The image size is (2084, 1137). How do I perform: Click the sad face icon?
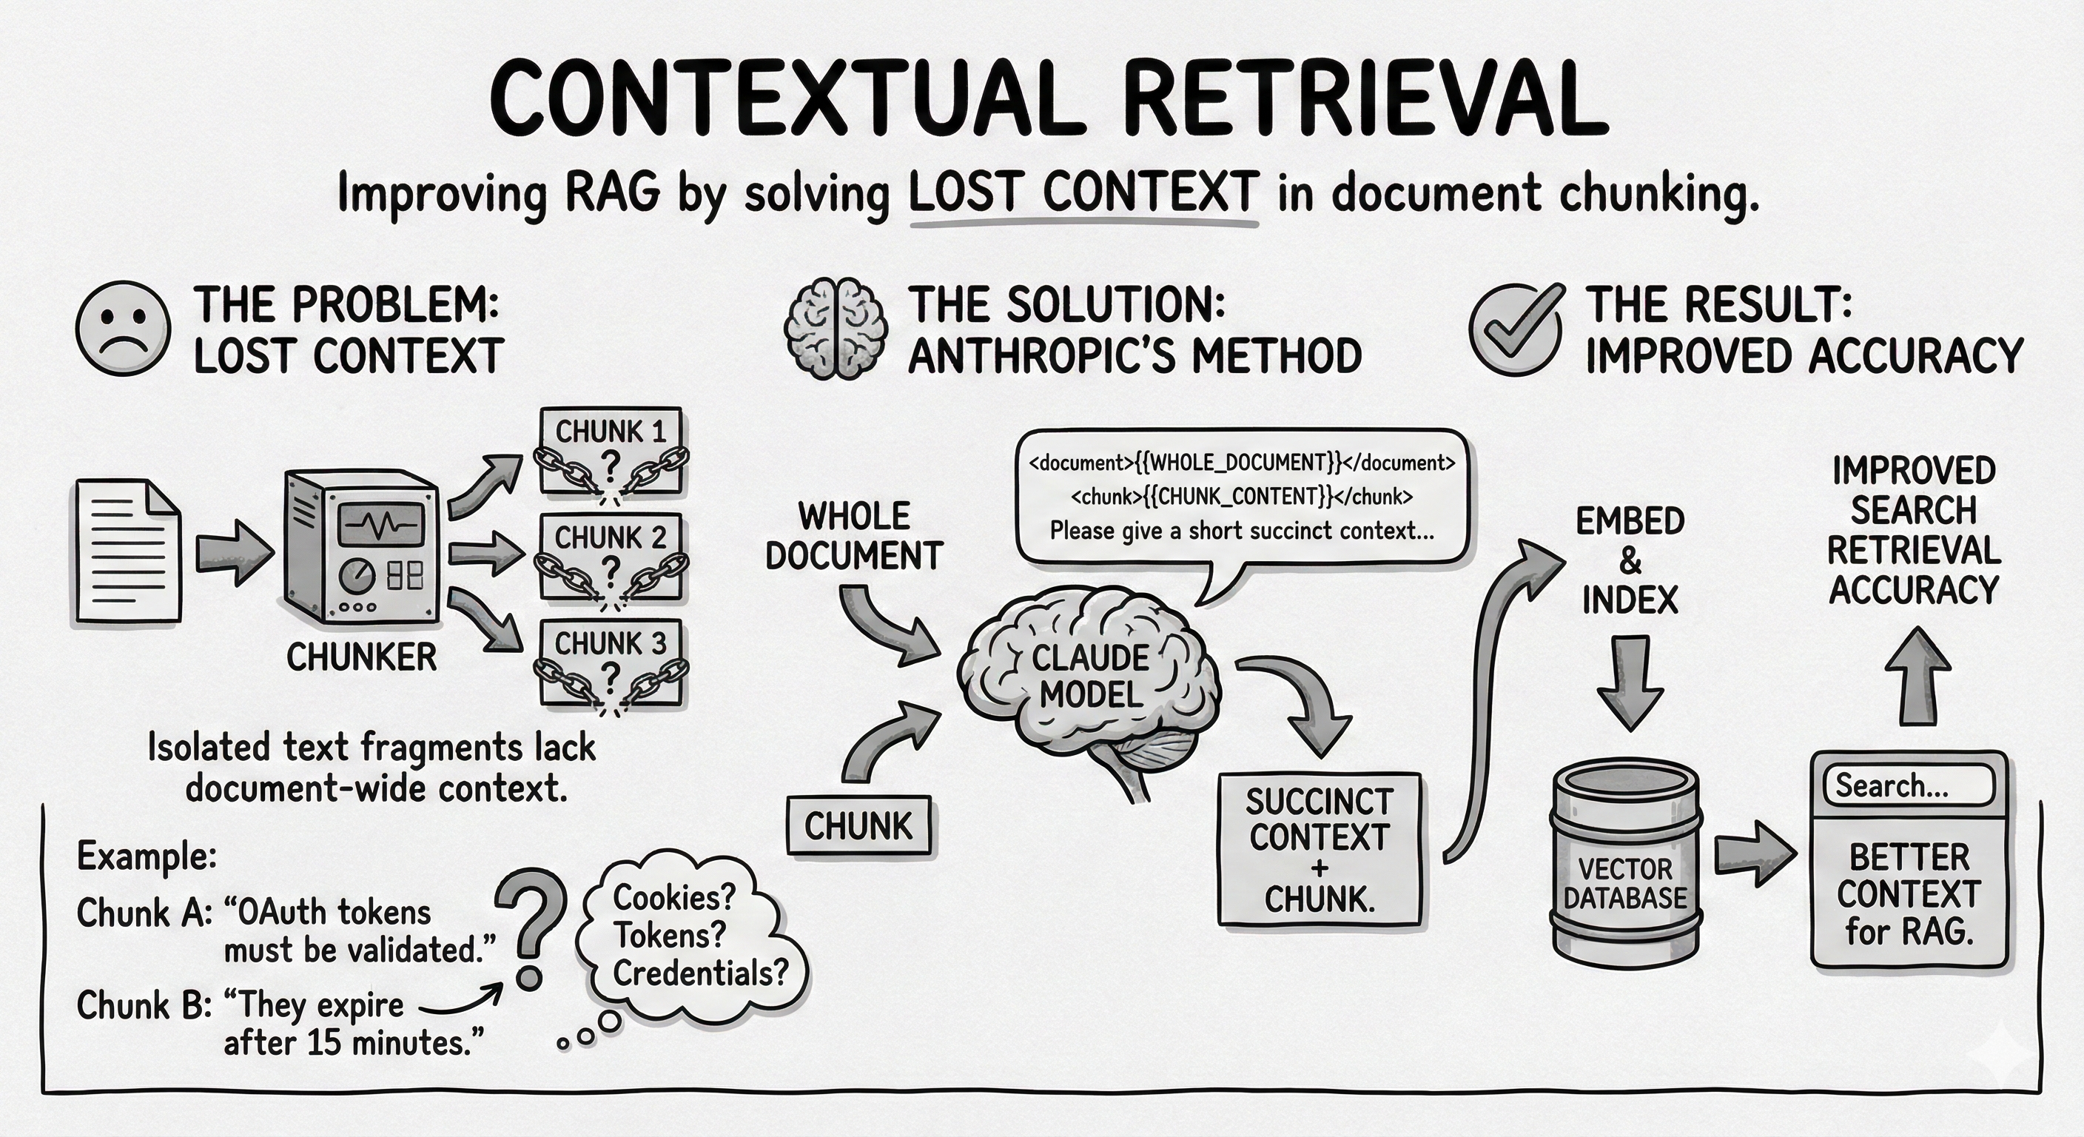tap(123, 329)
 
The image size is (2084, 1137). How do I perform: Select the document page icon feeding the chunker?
tap(128, 551)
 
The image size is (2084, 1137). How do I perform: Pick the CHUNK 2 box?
tap(611, 556)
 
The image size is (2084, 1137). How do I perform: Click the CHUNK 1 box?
tap(611, 451)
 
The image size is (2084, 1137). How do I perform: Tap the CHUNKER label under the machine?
tap(361, 657)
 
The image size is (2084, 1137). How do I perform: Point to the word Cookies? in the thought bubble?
tap(674, 896)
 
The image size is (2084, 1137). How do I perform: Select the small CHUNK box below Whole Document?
tap(858, 825)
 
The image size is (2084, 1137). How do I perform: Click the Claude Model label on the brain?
tap(1089, 676)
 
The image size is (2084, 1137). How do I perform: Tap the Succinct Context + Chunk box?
tap(1319, 850)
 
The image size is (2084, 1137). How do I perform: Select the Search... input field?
tap(1908, 785)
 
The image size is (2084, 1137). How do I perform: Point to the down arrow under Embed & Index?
tap(1630, 684)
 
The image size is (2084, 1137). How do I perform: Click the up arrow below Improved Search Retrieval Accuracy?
tap(1917, 676)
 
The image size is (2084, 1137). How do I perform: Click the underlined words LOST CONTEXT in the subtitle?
tap(1084, 194)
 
